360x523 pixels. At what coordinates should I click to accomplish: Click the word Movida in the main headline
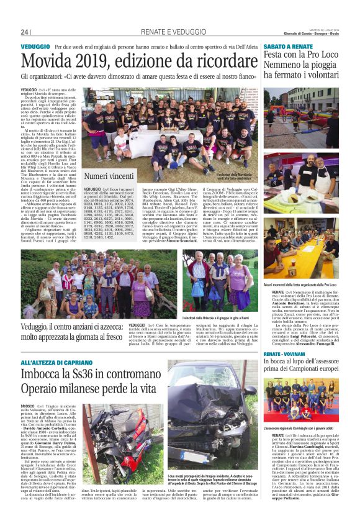54,61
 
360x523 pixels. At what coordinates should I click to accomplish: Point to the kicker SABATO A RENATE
288,47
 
